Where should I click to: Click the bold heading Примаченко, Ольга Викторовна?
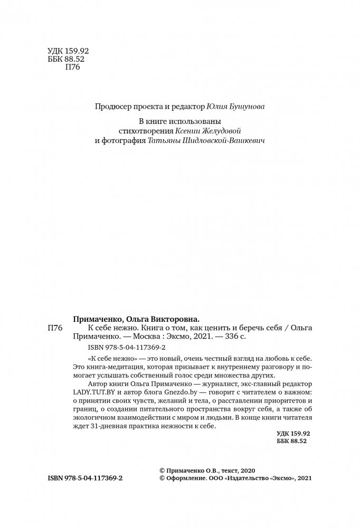136,319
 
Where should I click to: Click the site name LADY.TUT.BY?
89,393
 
